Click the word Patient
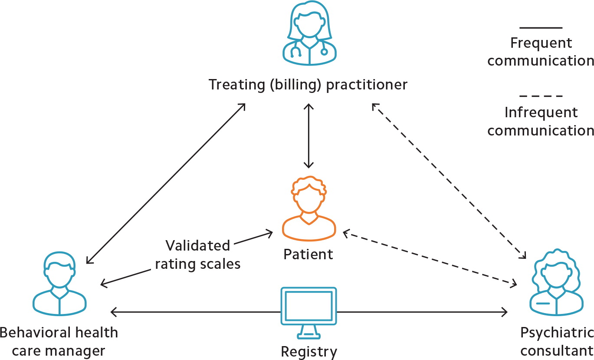tap(308, 254)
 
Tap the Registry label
tap(308, 351)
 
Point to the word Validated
tap(198, 246)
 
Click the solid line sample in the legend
tap(541, 28)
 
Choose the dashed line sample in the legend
tap(541, 96)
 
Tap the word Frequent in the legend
tap(541, 43)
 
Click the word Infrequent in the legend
tap(541, 112)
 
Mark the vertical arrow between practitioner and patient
tap(308, 135)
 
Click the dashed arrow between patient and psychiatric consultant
tap(430, 258)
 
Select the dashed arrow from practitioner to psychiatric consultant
tap(449, 180)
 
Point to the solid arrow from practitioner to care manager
tap(166, 183)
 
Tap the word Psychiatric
tap(557, 333)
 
